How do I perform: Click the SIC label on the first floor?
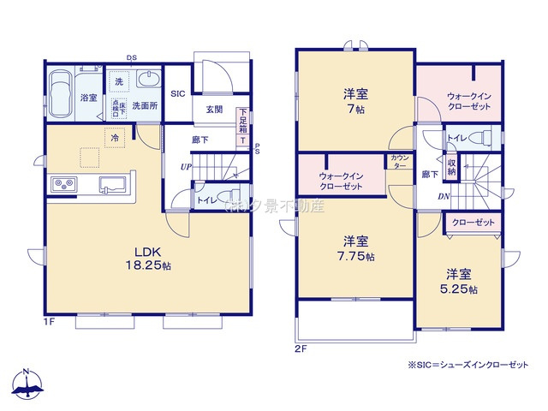point(178,93)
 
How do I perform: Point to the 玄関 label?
point(214,110)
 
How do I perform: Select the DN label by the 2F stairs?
point(444,195)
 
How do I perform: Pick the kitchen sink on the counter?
point(113,184)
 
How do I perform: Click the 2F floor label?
point(301,348)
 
